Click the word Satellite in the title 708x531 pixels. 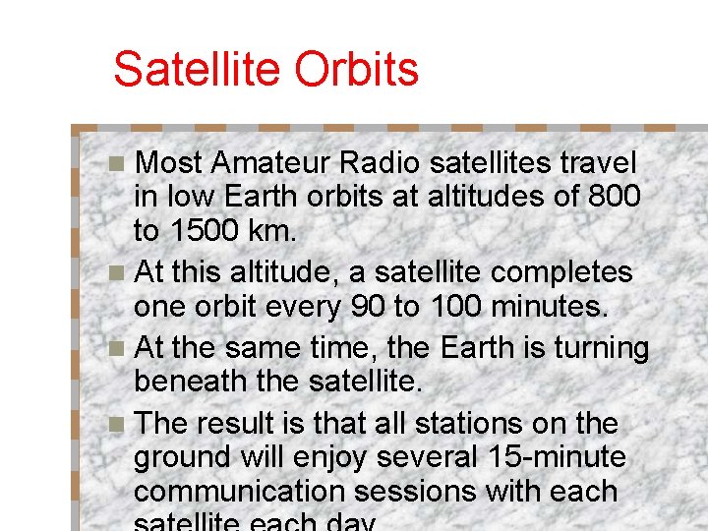pos(188,69)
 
